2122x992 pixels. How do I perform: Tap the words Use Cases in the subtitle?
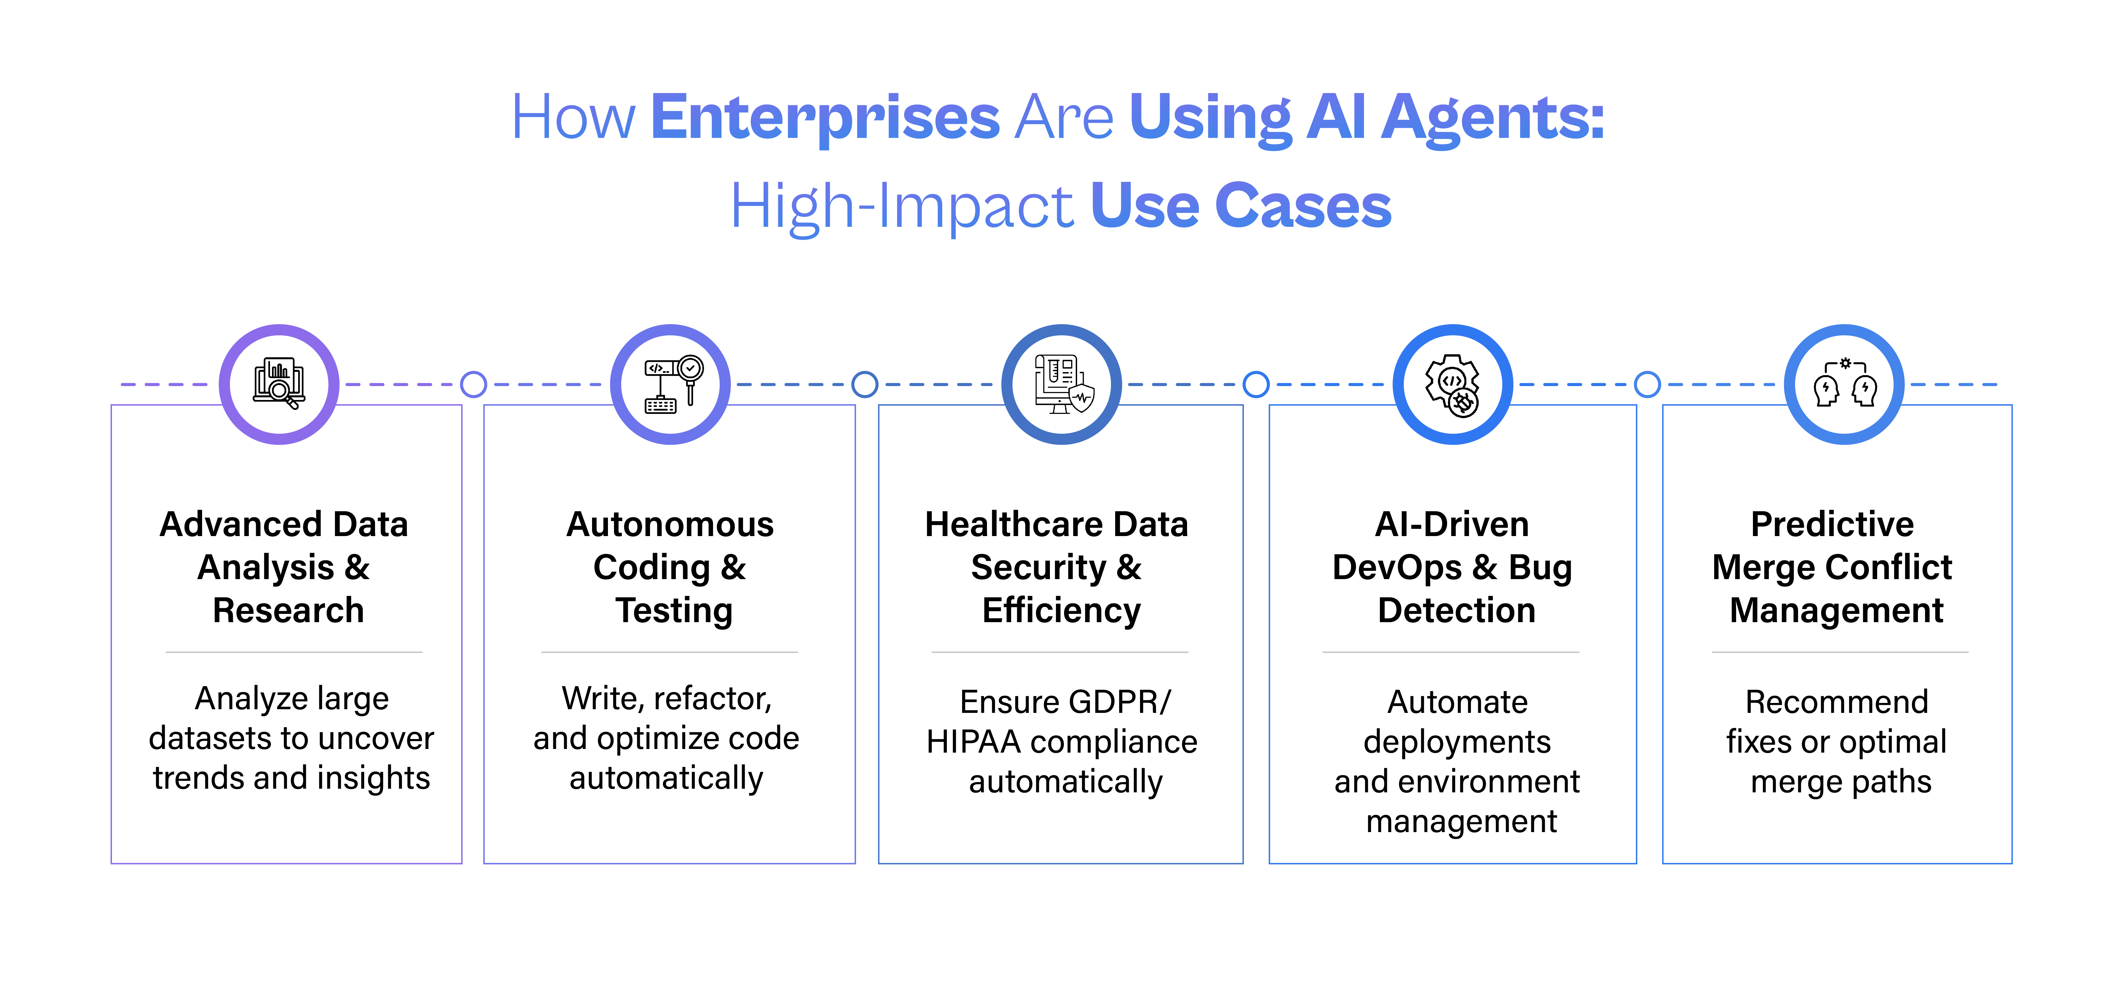click(1241, 206)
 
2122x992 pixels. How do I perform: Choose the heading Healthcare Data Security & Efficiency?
click(1058, 567)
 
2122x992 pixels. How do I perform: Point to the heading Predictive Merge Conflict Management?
click(1833, 567)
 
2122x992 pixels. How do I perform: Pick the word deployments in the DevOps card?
click(1456, 742)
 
